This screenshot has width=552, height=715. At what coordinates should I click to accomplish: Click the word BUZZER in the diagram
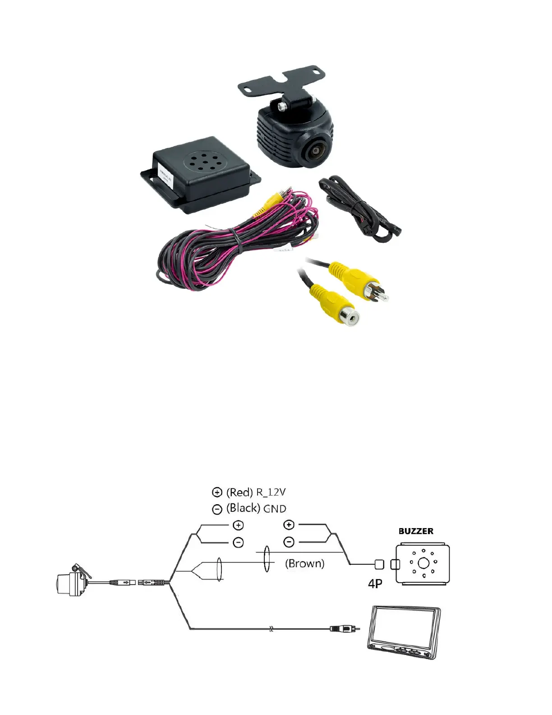point(416,531)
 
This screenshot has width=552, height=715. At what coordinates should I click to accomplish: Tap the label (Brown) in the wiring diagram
point(305,563)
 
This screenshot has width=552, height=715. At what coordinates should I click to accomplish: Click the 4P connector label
point(375,584)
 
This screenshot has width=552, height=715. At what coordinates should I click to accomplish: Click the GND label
point(275,509)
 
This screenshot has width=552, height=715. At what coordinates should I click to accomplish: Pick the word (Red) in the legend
point(239,492)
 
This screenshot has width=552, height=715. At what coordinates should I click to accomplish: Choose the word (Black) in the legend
point(243,508)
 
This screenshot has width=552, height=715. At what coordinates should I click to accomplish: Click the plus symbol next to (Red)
point(217,492)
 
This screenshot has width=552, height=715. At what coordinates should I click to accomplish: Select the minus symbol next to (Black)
point(217,509)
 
